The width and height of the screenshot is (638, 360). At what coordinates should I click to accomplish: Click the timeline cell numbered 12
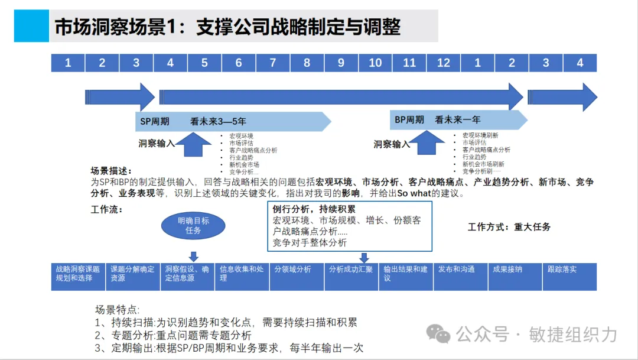click(444, 63)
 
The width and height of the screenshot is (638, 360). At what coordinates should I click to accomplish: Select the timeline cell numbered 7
click(273, 63)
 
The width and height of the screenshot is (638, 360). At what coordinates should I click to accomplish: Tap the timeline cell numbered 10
click(375, 63)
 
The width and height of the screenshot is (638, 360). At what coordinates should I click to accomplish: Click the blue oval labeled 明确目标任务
click(193, 225)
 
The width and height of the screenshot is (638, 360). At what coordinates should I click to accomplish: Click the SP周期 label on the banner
click(155, 122)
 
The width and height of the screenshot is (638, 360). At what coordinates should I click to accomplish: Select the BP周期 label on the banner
click(409, 120)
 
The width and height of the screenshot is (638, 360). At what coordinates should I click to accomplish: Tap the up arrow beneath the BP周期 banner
click(427, 143)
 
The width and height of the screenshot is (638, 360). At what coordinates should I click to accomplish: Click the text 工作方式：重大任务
click(509, 226)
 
